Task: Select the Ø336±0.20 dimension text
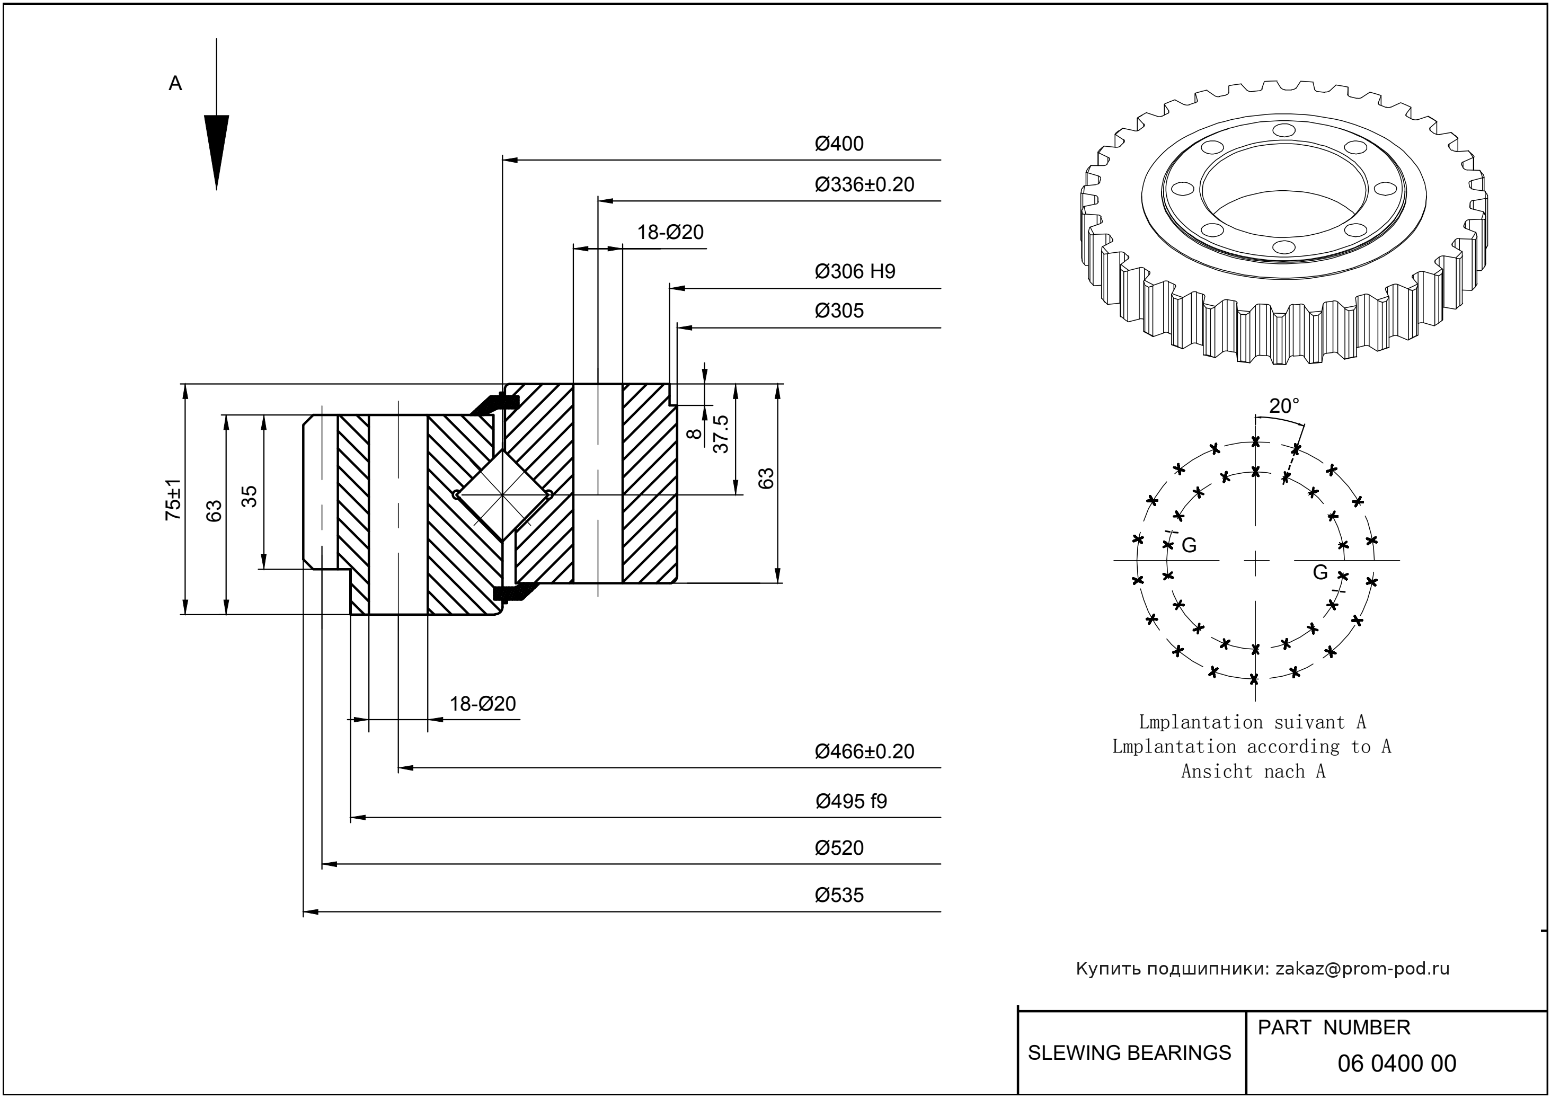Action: tap(864, 184)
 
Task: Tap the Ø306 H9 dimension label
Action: tap(855, 272)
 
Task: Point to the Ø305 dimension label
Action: tap(838, 311)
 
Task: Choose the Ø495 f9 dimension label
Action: tap(850, 801)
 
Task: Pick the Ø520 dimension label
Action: tap(838, 848)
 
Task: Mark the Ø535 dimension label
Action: tap(838, 895)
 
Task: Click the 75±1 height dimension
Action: tap(174, 499)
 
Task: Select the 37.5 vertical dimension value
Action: tap(721, 434)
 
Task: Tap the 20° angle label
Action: tap(1283, 406)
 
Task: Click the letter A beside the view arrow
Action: tap(175, 84)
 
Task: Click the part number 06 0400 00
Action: tap(1396, 1064)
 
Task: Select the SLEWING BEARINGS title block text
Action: tap(1129, 1053)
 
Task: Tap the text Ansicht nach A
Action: tap(1253, 772)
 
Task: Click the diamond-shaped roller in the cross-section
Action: tap(503, 495)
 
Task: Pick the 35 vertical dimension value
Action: tap(250, 496)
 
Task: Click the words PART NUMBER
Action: tap(1333, 1028)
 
